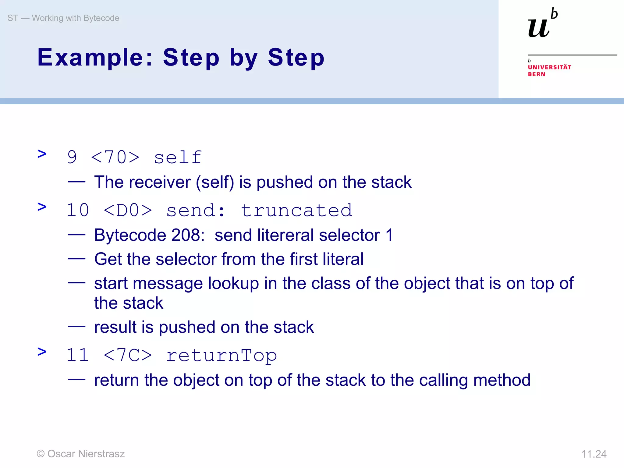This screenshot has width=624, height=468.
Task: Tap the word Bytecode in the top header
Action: click(x=101, y=18)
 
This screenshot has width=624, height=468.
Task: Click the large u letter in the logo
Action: click(x=539, y=28)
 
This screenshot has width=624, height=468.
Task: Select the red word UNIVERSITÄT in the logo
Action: click(x=549, y=67)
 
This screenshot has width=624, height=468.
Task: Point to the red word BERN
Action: click(x=536, y=74)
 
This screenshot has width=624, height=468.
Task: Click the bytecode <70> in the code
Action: click(x=115, y=158)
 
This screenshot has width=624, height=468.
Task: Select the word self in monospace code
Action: click(x=178, y=158)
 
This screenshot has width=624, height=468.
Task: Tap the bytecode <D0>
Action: click(x=128, y=211)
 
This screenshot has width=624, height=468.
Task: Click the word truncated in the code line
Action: click(x=296, y=211)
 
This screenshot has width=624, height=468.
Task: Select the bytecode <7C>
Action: click(x=128, y=355)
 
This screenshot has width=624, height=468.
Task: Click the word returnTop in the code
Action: click(x=222, y=355)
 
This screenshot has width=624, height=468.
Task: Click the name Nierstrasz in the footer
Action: click(x=101, y=454)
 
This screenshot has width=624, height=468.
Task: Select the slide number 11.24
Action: click(x=594, y=454)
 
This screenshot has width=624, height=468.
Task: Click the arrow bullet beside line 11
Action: click(x=42, y=352)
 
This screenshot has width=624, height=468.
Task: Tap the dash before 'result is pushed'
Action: click(x=76, y=327)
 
